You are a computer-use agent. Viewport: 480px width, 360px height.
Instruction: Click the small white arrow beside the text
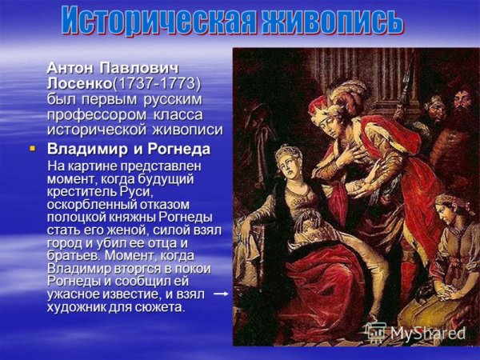coord(222,294)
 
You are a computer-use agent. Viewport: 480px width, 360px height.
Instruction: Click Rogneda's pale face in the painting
coord(289,159)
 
